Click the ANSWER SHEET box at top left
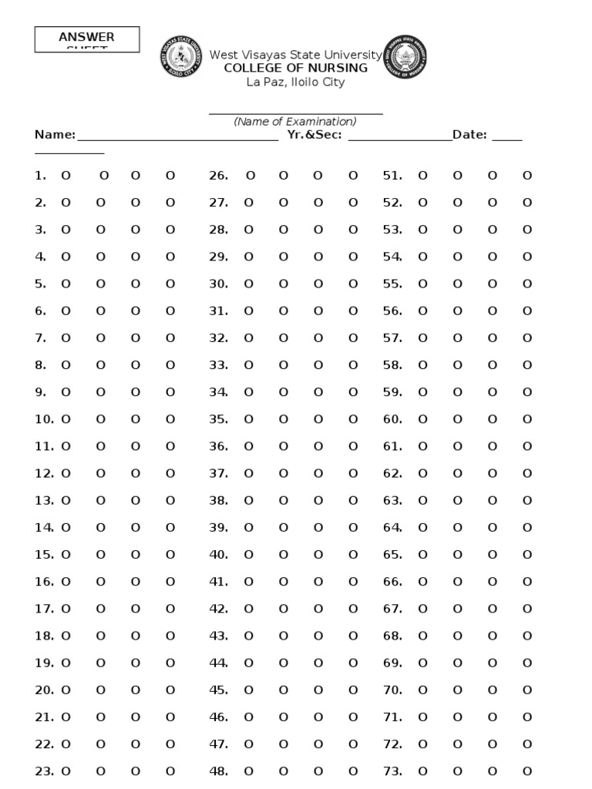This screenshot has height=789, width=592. tap(87, 39)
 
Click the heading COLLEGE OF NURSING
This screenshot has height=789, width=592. tap(295, 68)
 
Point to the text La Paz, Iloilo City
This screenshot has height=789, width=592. tap(295, 82)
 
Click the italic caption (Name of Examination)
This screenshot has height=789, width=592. tap(295, 122)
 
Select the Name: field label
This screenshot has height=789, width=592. tap(55, 135)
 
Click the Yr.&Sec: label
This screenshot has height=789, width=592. tap(314, 135)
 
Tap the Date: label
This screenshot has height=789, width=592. tap(469, 135)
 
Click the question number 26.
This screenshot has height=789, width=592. tap(219, 176)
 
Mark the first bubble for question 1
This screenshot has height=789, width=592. tap(66, 176)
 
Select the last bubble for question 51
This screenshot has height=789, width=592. tap(527, 176)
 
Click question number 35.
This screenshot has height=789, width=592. tap(219, 419)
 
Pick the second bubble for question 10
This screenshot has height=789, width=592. tap(100, 419)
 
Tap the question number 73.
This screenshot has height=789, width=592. tap(392, 771)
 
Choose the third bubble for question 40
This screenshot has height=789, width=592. tap(318, 555)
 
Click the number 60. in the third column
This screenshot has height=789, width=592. tap(392, 419)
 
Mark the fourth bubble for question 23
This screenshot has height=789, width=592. tap(170, 771)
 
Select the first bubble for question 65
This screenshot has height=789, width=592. tap(422, 555)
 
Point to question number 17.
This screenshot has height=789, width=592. tap(44, 609)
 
